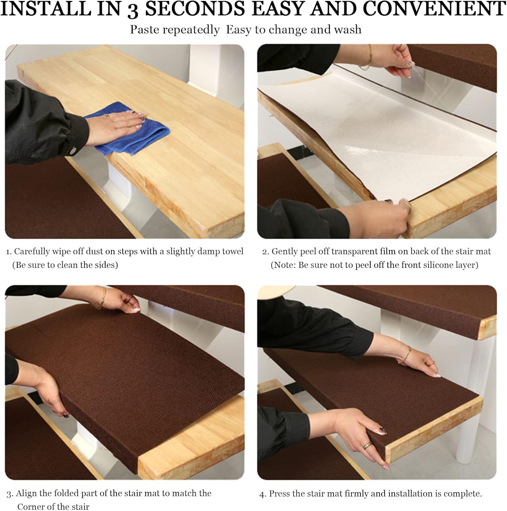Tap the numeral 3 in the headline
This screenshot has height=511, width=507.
point(133,10)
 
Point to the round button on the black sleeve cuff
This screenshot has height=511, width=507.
point(72,149)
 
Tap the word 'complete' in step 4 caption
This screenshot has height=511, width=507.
point(465,494)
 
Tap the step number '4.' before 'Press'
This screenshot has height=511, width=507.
point(263,494)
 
